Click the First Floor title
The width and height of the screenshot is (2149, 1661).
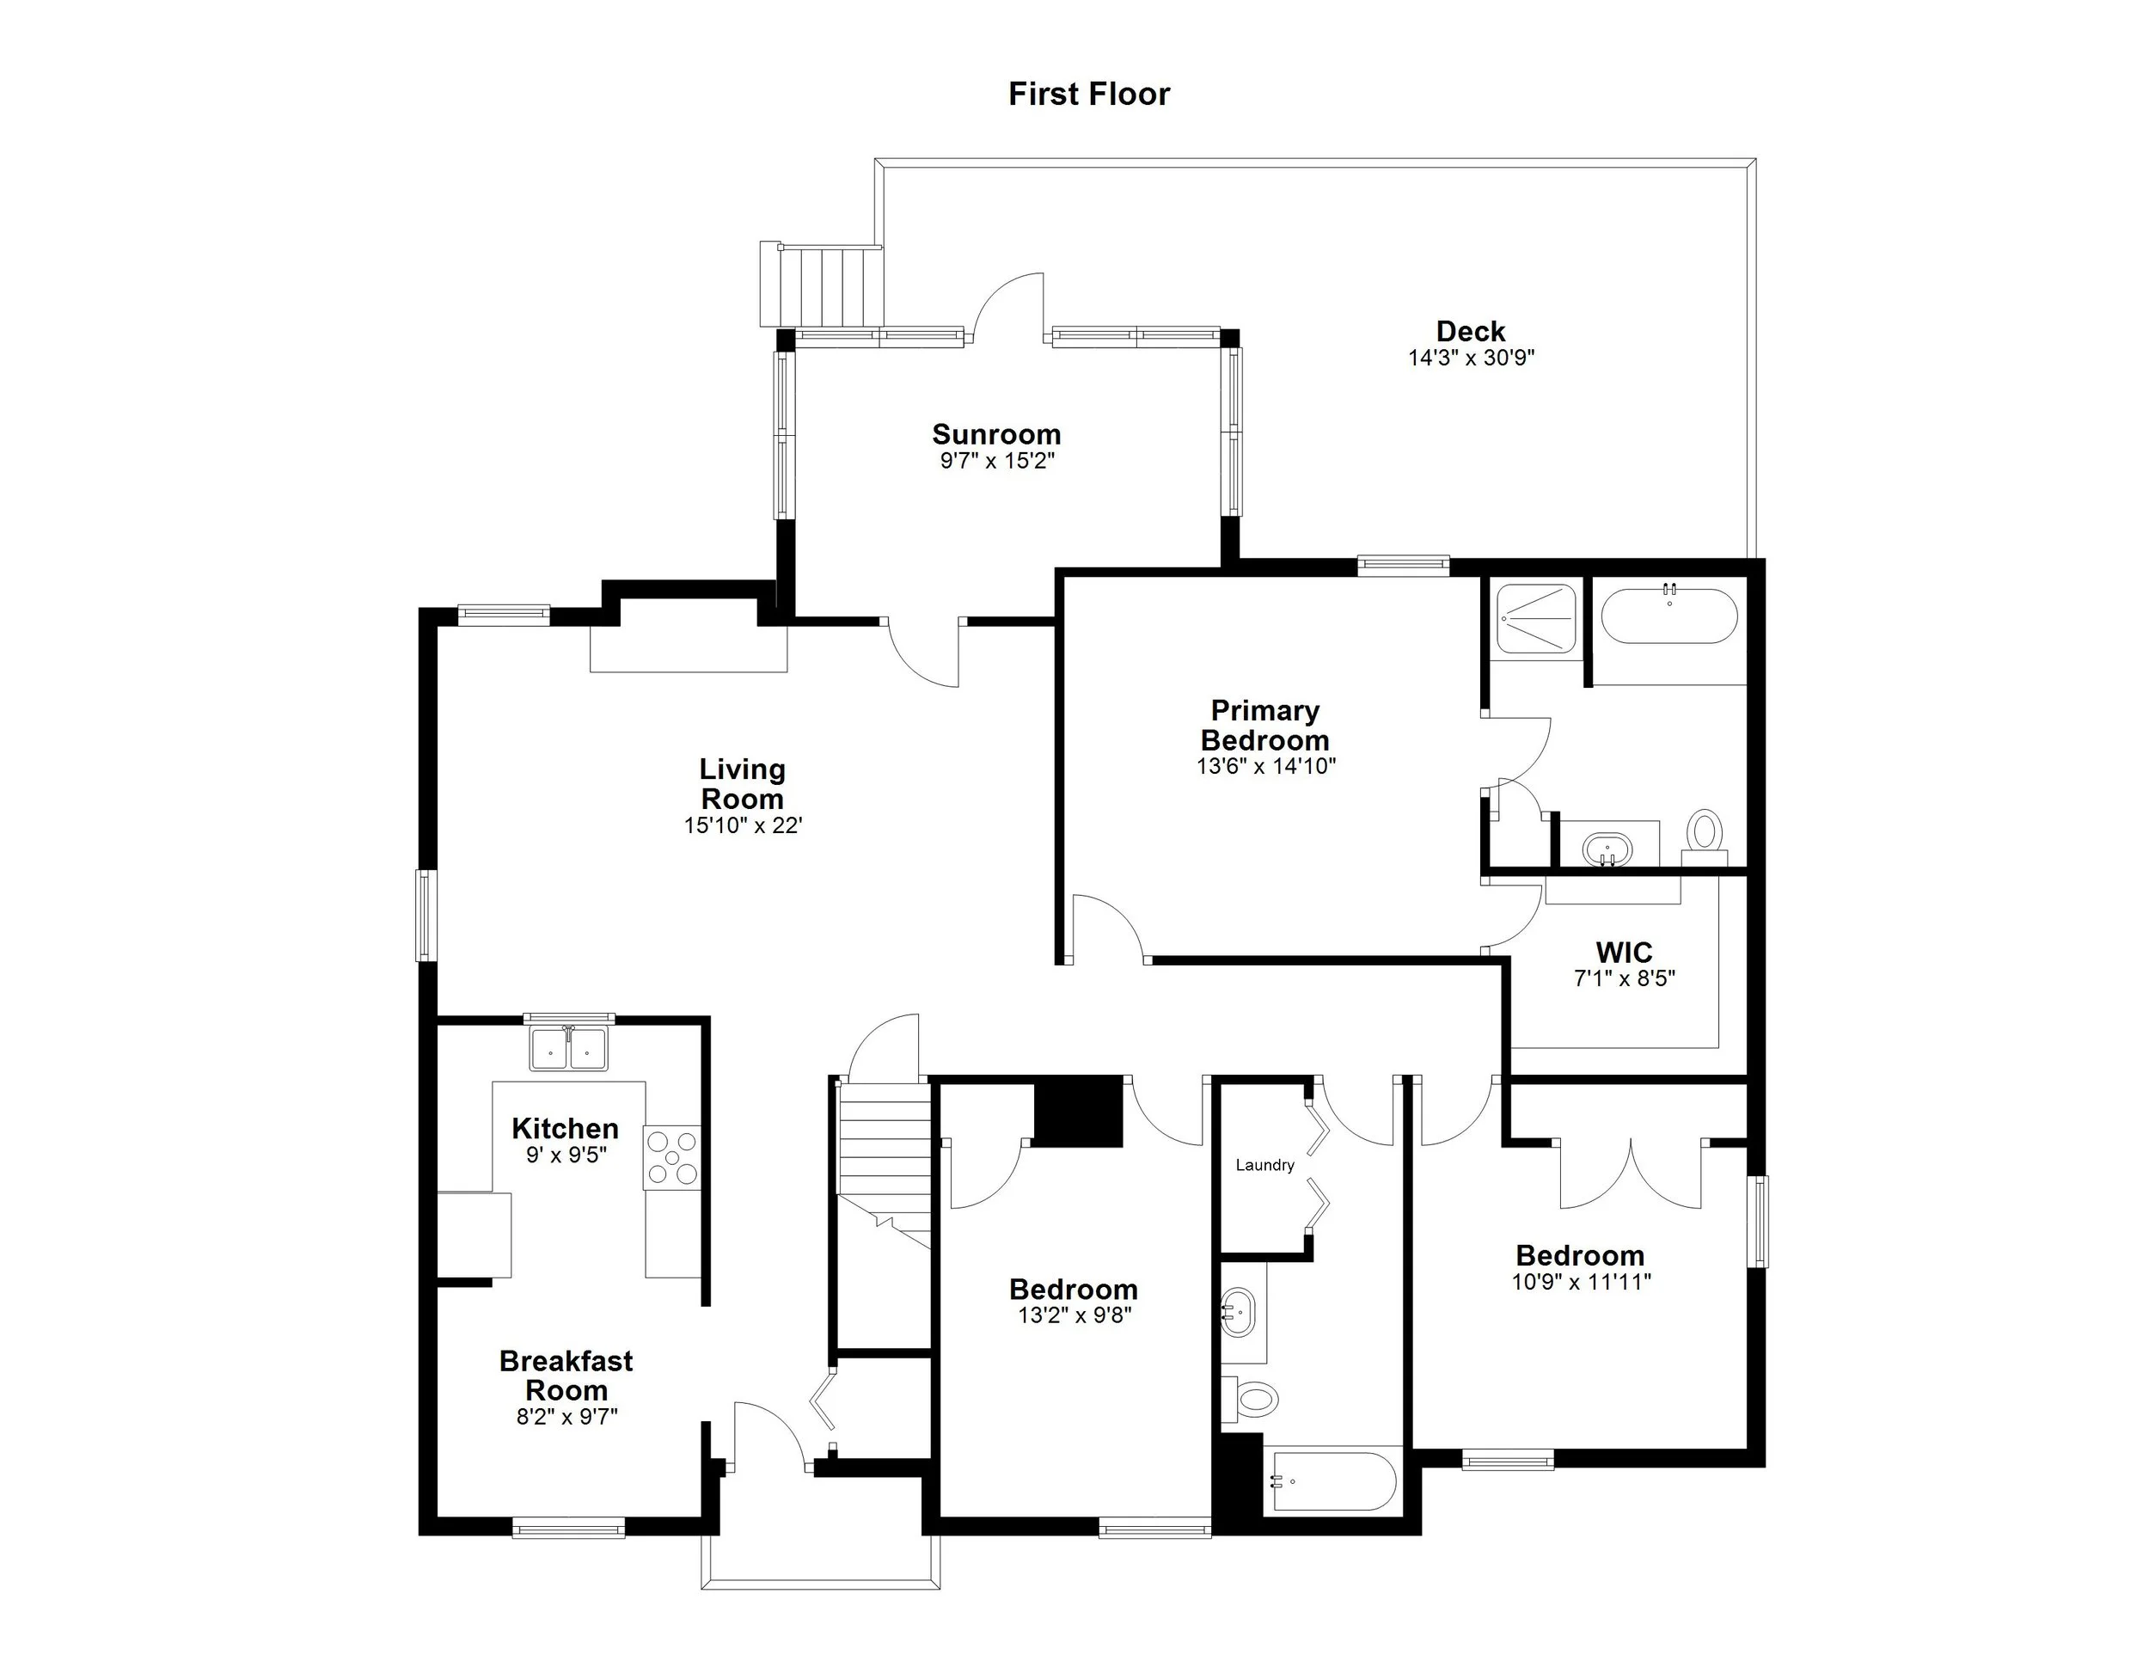(1088, 95)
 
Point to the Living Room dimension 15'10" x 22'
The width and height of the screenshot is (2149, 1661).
(743, 825)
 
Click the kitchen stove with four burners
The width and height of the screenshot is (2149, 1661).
(672, 1157)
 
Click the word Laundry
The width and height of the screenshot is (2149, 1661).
(1264, 1165)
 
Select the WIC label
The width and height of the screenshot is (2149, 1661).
(1624, 952)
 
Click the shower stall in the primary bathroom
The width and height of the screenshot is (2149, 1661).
(1535, 618)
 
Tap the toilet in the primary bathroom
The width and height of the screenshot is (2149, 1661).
(1705, 832)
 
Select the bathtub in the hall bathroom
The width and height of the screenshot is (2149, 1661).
(1332, 1481)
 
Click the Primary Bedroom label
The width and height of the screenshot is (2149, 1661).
(1264, 726)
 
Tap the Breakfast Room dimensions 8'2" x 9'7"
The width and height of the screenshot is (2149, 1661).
(566, 1417)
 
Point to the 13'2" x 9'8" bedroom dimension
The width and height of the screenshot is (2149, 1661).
(1074, 1315)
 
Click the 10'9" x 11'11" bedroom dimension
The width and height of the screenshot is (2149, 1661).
(1580, 1282)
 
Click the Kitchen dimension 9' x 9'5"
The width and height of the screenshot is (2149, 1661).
(566, 1155)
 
